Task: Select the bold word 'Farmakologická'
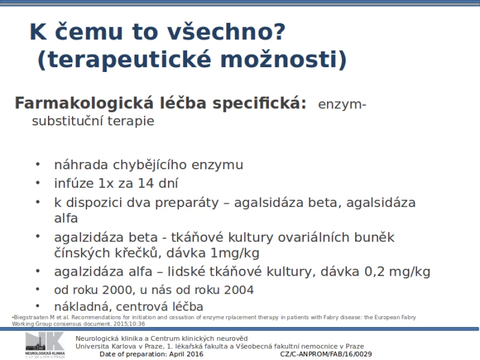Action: pos(84,103)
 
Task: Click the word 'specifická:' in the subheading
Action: pos(260,103)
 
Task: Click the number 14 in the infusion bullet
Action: pos(146,183)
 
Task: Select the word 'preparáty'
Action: pos(187,203)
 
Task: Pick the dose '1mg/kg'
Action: pos(235,253)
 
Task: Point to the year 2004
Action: pos(239,290)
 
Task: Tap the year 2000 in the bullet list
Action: pos(117,290)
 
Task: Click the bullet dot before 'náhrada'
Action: pos(38,165)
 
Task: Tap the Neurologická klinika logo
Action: pos(45,345)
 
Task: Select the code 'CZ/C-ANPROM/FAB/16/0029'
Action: pos(326,354)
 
